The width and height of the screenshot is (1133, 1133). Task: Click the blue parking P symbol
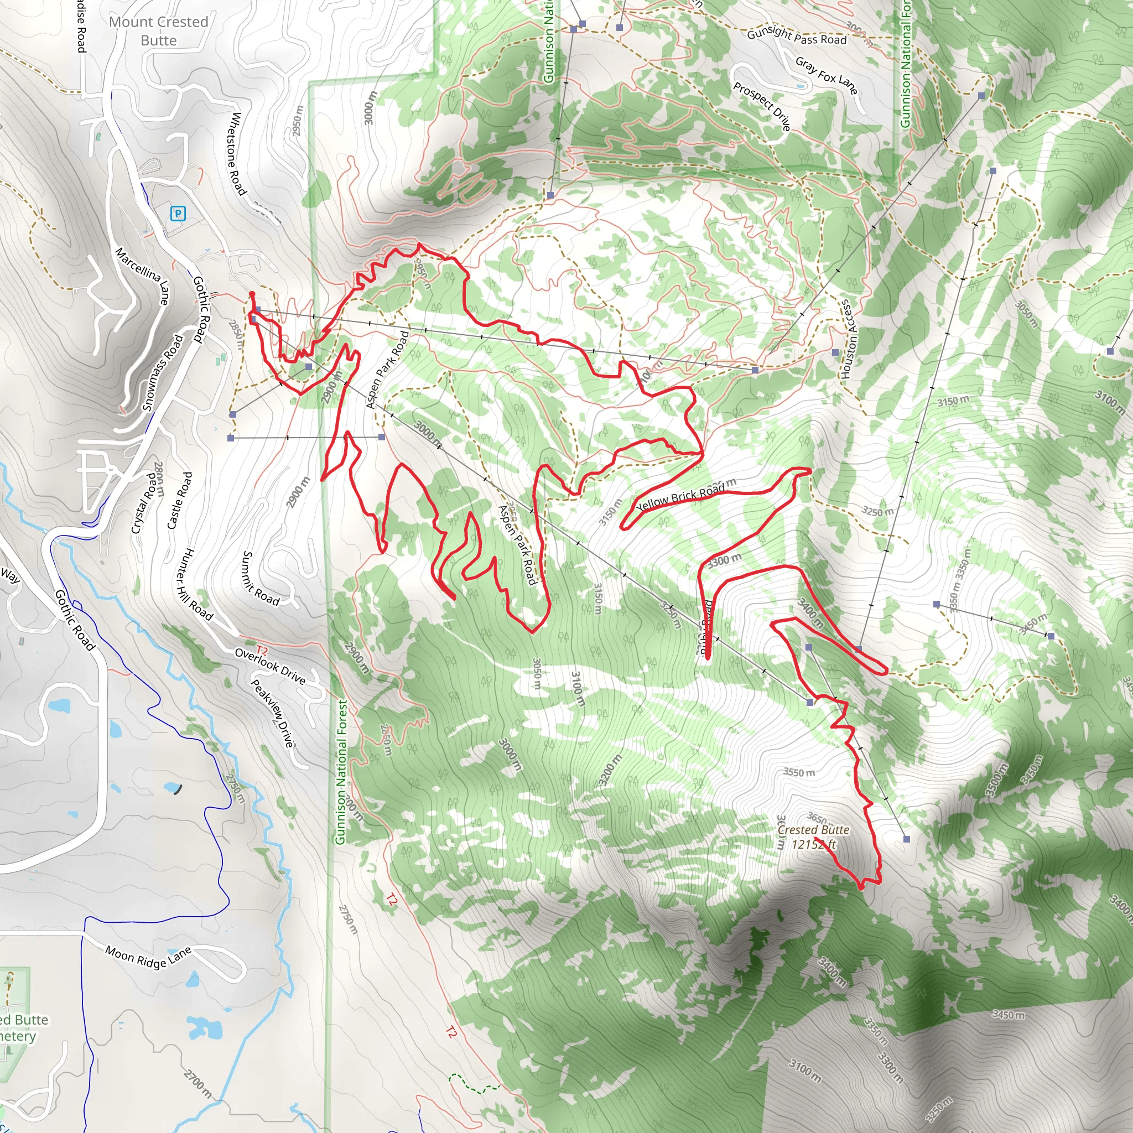(x=177, y=214)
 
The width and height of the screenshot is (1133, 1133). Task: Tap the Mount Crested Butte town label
(x=158, y=31)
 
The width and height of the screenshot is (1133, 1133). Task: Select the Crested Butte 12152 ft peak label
(x=813, y=837)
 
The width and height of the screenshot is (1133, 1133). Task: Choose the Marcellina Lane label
(x=143, y=276)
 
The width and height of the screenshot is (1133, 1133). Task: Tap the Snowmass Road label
(x=163, y=372)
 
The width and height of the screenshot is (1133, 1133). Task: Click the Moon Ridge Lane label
(x=148, y=957)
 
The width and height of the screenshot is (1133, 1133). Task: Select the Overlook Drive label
(x=270, y=666)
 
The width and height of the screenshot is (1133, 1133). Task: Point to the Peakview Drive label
(x=272, y=713)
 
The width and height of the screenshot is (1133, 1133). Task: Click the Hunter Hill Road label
(x=194, y=584)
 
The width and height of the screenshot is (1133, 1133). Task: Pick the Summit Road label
(x=261, y=578)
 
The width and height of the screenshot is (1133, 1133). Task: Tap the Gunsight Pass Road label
(x=797, y=37)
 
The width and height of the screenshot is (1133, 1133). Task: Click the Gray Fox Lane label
(x=827, y=75)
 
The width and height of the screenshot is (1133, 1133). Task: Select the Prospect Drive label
(x=761, y=106)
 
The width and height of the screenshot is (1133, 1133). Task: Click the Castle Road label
(x=179, y=500)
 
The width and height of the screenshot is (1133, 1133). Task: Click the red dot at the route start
(x=252, y=294)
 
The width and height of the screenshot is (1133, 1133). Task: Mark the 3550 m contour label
(x=799, y=772)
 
